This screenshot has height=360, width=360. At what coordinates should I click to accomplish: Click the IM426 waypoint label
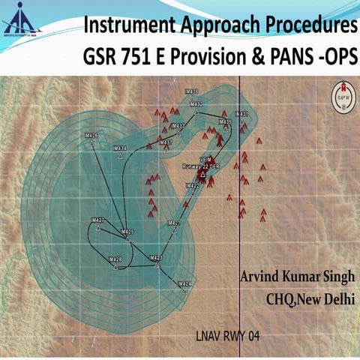click(x=91, y=135)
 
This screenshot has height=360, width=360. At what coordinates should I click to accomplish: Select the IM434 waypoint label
click(x=118, y=148)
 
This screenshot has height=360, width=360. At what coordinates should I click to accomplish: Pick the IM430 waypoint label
click(x=193, y=90)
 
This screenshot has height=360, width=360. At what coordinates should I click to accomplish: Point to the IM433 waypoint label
click(x=178, y=125)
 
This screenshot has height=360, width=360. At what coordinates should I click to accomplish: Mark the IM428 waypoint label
click(x=115, y=259)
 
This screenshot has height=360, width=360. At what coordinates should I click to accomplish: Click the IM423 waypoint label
click(x=156, y=257)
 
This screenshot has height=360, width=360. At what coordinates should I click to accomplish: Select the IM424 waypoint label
click(x=184, y=283)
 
